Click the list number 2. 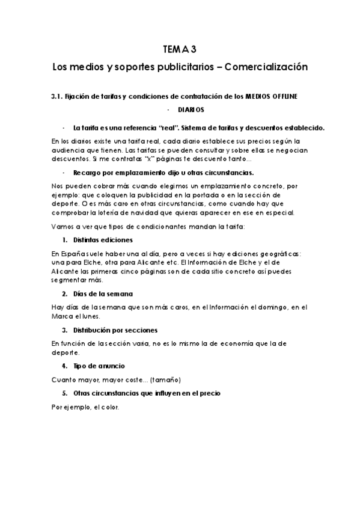coord(65,293)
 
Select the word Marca coord(64,316)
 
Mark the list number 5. coord(65,393)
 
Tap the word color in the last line coord(111,407)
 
